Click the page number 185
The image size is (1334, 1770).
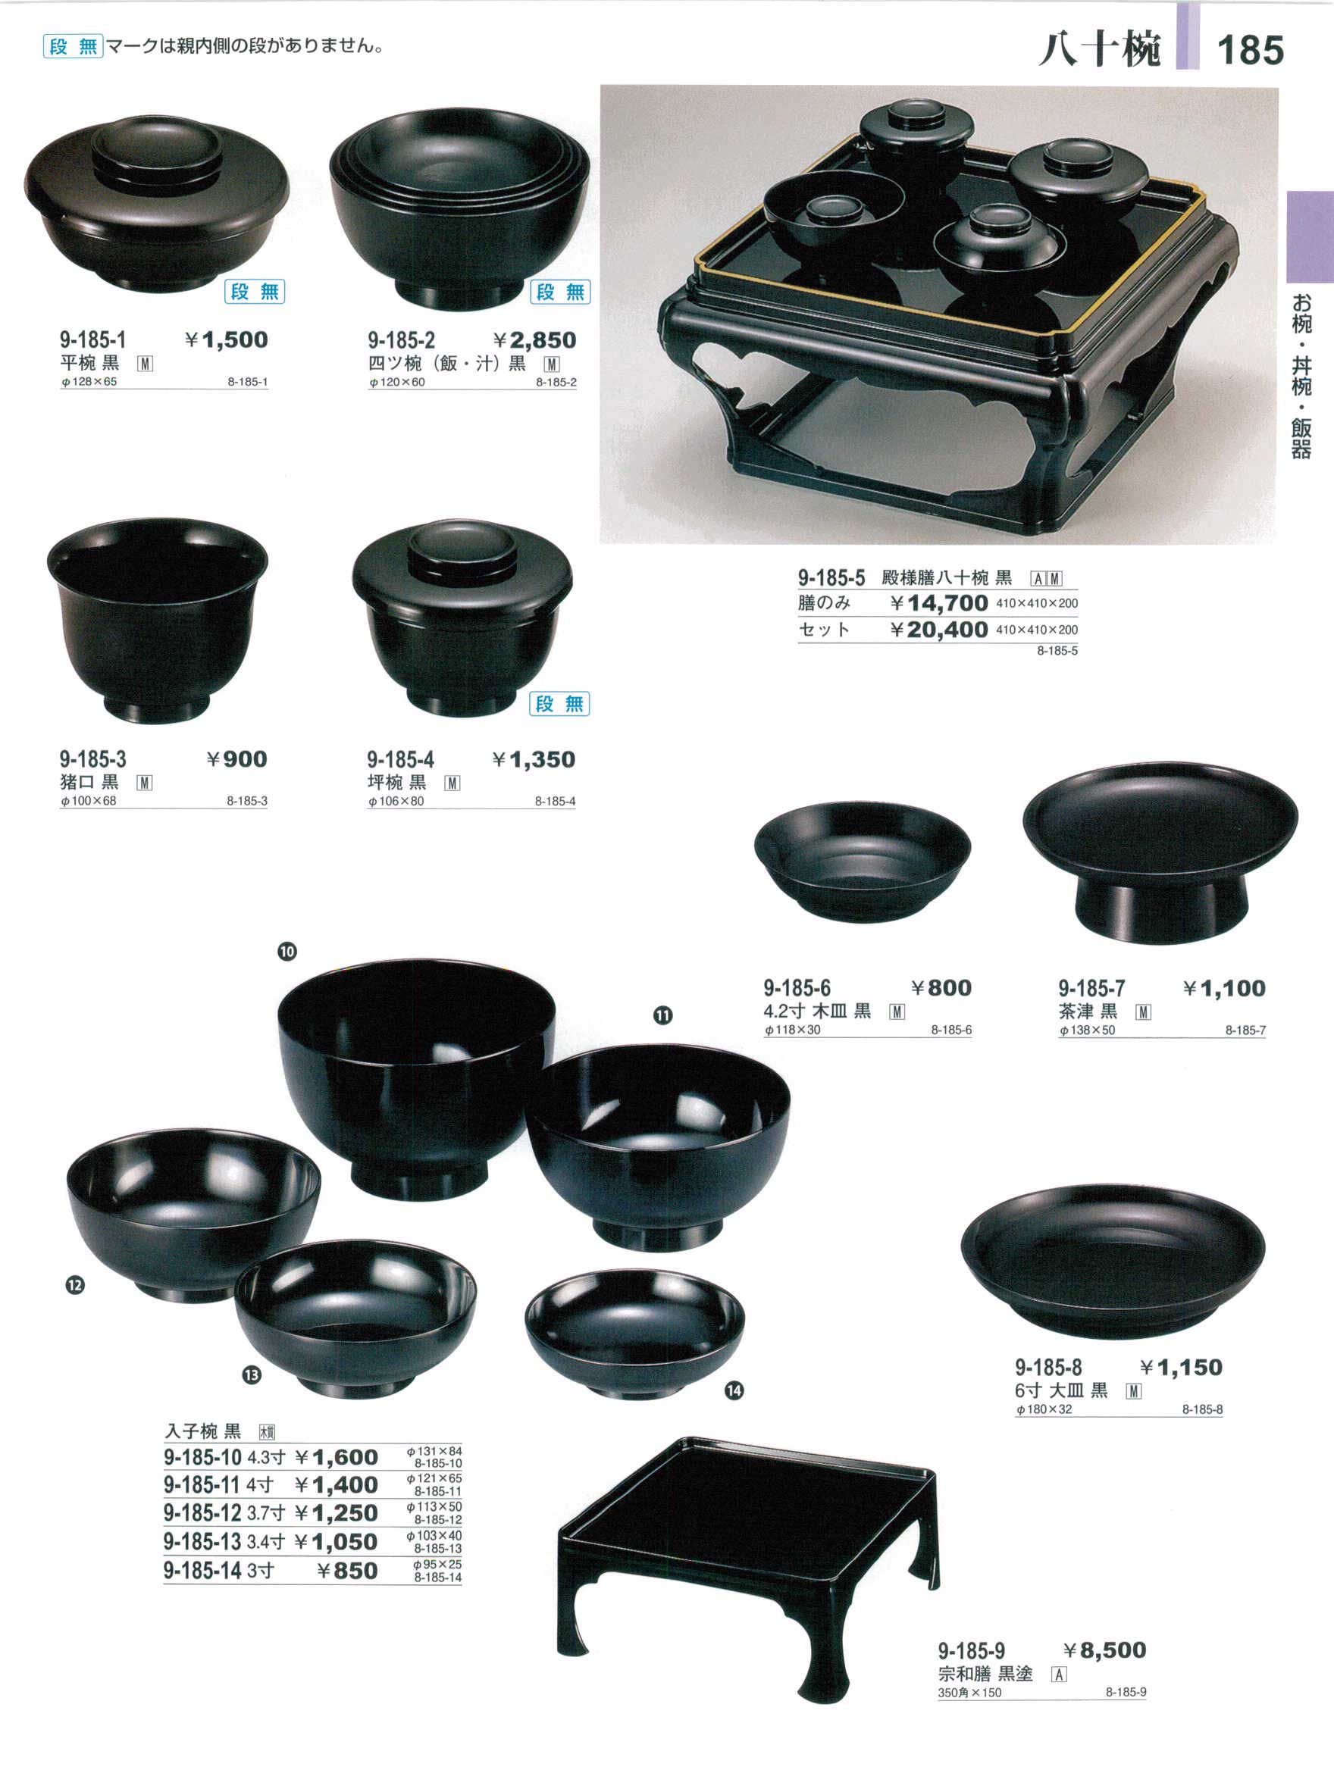pos(1250,51)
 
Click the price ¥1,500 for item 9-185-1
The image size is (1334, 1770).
pos(227,340)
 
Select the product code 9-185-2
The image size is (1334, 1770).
pos(401,341)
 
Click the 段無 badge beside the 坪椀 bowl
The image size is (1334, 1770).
pos(559,704)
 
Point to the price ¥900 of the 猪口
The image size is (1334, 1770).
pos(237,759)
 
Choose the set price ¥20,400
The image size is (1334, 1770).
pos(939,630)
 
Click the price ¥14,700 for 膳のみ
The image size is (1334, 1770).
pos(939,602)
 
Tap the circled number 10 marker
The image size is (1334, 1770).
pos(287,952)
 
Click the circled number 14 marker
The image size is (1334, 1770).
pos(734,1391)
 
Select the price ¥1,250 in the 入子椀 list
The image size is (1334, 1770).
pos(336,1514)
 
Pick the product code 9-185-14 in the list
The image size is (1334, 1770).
pos(202,1571)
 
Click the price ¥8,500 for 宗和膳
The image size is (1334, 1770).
pos(1104,1650)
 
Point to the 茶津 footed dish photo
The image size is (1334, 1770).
pos(1160,852)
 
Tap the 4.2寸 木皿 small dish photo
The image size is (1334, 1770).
pos(863,862)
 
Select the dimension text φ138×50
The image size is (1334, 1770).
pos(1087,1030)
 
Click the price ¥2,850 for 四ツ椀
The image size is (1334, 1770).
pos(534,340)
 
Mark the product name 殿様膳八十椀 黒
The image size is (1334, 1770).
pos(947,577)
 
